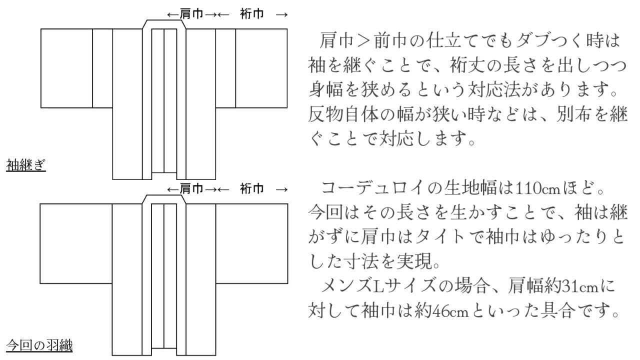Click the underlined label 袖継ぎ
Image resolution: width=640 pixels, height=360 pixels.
(26, 164)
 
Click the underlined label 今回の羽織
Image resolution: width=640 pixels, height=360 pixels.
(39, 345)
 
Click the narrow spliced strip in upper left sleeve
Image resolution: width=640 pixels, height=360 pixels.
(102, 68)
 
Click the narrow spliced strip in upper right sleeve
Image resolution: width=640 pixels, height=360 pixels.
(225, 68)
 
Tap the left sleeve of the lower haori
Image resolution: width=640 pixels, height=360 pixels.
(75, 243)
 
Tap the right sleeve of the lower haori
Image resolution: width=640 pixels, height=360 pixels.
(251, 243)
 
